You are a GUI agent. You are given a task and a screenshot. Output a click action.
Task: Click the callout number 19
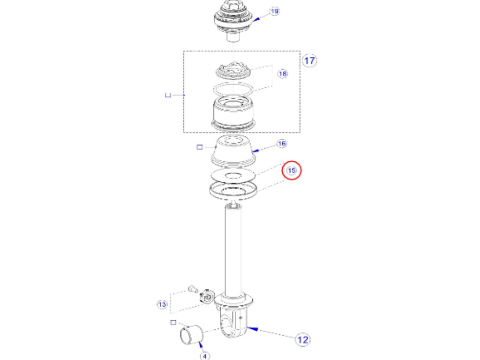[x=274, y=12]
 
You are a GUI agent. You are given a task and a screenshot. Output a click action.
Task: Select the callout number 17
[x=310, y=60]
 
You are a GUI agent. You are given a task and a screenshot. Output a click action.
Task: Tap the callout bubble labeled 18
[x=283, y=74]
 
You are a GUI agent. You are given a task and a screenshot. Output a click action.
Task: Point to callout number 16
[x=282, y=144]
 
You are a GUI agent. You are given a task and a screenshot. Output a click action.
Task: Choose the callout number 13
[x=162, y=304]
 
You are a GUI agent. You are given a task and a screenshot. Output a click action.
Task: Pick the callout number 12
[x=302, y=340]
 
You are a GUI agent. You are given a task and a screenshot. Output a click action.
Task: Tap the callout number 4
[x=204, y=356]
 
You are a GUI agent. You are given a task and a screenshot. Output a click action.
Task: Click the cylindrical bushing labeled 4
[x=191, y=335]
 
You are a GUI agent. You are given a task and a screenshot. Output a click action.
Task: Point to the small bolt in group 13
[x=193, y=289]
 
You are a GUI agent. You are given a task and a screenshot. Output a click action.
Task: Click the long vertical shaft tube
[x=235, y=250]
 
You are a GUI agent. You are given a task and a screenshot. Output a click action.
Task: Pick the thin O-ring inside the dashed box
[x=234, y=88]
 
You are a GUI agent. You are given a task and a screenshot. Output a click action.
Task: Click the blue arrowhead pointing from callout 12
[x=254, y=329]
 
